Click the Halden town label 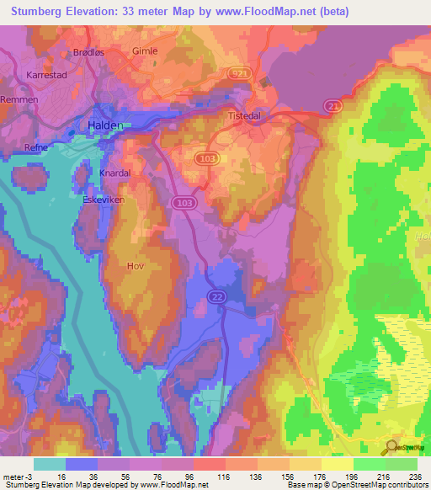point(105,125)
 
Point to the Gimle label point(145,51)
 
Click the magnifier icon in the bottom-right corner point(390,446)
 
